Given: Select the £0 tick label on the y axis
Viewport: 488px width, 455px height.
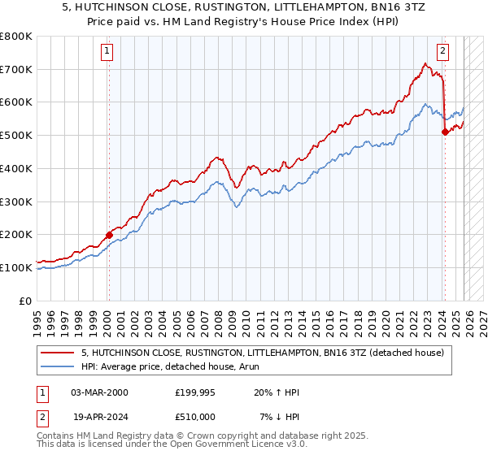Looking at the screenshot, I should [x=26, y=301].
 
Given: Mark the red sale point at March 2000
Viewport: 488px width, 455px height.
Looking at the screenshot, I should [x=108, y=235].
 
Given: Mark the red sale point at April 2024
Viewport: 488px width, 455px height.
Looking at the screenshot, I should [x=445, y=132].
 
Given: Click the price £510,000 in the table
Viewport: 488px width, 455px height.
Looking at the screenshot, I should [x=197, y=418].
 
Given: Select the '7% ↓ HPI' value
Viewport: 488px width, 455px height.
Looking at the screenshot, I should [x=276, y=418].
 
